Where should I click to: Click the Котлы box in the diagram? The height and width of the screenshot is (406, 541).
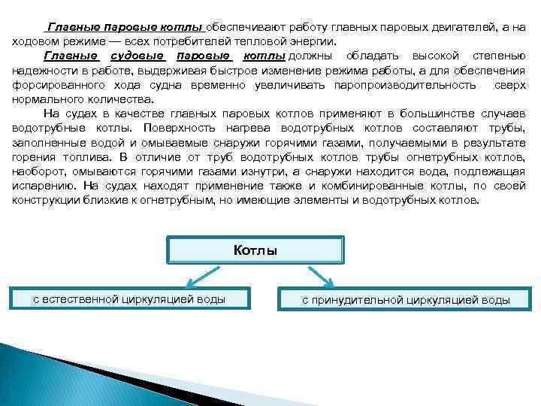pos(255,250)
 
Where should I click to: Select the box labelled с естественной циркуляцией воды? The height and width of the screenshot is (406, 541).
pos(128,299)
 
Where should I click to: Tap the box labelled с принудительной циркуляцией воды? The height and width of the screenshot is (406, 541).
pos(405,300)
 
